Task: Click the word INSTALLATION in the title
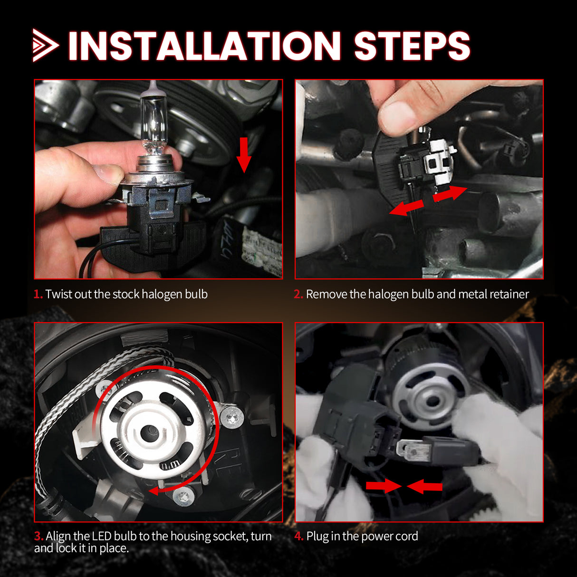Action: (204, 46)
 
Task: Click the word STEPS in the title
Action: (412, 46)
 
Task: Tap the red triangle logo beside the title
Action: (45, 46)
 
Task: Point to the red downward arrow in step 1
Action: (244, 155)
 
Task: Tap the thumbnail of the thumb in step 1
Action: (107, 174)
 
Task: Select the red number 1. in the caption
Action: (38, 294)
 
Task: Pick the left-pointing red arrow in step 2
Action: (406, 208)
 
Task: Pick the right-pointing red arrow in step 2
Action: (450, 194)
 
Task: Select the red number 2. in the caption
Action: (298, 294)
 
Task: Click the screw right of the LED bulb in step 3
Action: (232, 419)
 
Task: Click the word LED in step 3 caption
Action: (102, 536)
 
